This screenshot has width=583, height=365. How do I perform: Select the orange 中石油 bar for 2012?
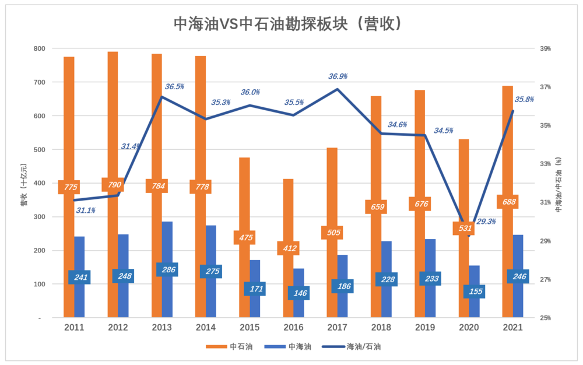(113, 117)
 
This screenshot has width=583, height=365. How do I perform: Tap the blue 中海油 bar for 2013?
(167, 245)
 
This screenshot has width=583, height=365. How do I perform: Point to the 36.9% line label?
(338, 76)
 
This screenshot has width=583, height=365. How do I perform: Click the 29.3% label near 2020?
(486, 222)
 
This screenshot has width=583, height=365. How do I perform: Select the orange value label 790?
(113, 185)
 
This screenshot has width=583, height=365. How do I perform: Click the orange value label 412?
(288, 248)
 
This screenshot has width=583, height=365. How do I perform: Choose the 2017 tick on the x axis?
(338, 328)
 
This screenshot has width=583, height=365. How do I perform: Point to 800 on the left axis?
(38, 48)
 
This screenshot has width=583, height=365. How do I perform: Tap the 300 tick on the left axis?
(38, 217)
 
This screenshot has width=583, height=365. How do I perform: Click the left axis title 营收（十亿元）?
(24, 183)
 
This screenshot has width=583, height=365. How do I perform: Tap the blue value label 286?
(167, 269)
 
